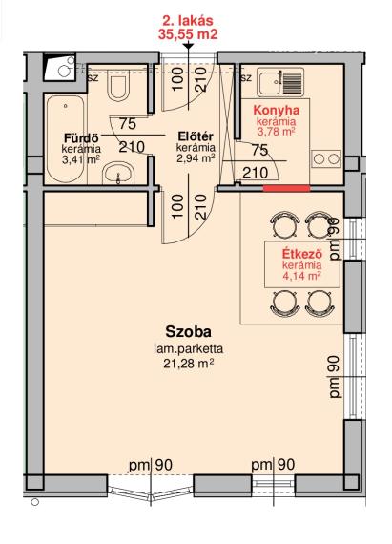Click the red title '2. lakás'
point(188,21)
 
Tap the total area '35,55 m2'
point(188,34)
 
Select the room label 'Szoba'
point(188,332)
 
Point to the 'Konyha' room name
point(277,110)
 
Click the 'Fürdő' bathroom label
point(81,137)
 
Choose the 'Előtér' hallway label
point(196,136)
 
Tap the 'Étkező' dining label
point(302,253)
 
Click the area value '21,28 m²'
point(188,364)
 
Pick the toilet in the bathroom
point(116,87)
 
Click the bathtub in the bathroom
point(66,138)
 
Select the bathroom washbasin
point(118,173)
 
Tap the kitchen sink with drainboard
point(280,82)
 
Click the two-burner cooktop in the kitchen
point(326,158)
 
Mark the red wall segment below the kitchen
point(286,188)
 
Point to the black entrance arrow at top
point(188,45)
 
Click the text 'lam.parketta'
point(188,348)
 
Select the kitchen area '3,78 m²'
point(277,132)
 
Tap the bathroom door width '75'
point(128,123)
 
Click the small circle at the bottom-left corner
point(34,502)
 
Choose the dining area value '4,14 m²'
point(302,276)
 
